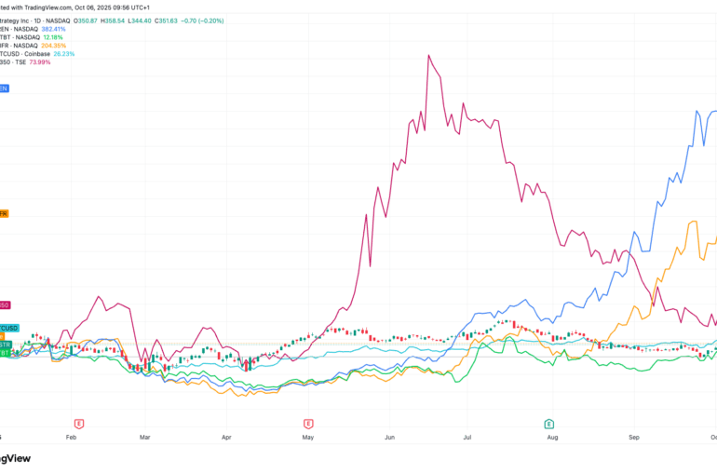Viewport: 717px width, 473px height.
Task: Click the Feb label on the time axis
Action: (x=71, y=435)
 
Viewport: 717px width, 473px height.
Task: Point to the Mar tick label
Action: (x=144, y=435)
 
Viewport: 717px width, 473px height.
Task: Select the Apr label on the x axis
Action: (x=226, y=435)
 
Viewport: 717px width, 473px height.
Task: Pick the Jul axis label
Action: (x=468, y=435)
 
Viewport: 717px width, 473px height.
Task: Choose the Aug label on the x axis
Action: (x=552, y=435)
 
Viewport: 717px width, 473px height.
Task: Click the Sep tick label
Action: (x=634, y=435)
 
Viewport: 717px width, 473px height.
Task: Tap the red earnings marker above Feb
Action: (x=79, y=423)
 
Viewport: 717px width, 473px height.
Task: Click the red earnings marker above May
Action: (x=308, y=423)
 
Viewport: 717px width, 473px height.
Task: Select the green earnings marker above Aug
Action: (x=548, y=423)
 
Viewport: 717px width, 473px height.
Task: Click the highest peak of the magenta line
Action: (x=428, y=55)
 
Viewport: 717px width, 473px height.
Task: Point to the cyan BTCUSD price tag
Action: (x=9, y=327)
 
